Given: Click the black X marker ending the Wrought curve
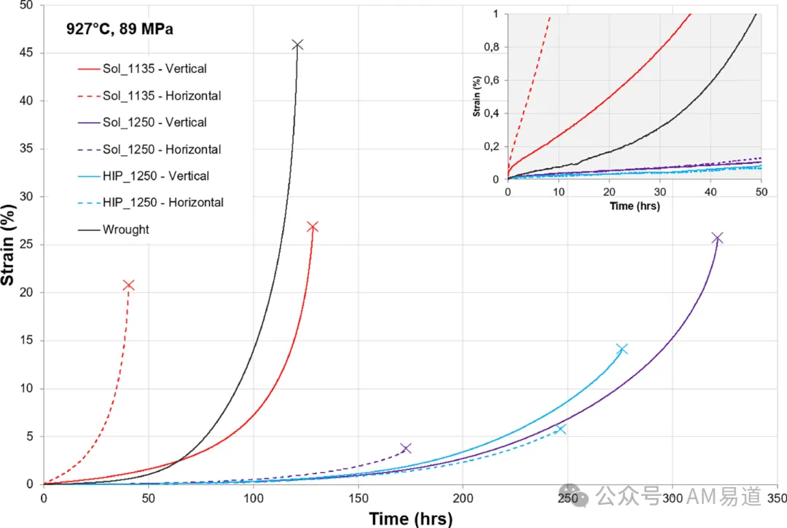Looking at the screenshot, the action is pyautogui.click(x=297, y=45).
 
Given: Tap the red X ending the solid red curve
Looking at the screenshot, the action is pyautogui.click(x=312, y=227).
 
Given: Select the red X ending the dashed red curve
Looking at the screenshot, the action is pyautogui.click(x=128, y=285).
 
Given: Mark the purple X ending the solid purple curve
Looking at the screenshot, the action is pyautogui.click(x=717, y=238).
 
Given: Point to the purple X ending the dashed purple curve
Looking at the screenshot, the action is pyautogui.click(x=406, y=449).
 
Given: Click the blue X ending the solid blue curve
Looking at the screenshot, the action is pyautogui.click(x=622, y=349).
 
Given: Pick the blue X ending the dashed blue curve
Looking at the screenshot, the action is pyautogui.click(x=561, y=429).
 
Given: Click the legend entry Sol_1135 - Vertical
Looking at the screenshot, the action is pyautogui.click(x=142, y=68).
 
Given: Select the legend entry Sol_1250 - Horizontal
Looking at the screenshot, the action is pyautogui.click(x=149, y=149).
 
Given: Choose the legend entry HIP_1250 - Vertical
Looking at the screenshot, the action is pyautogui.click(x=144, y=176).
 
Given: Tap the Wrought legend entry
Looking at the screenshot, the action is pyautogui.click(x=114, y=229).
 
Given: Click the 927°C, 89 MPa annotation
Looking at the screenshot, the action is pyautogui.click(x=120, y=29).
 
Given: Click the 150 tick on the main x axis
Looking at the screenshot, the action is pyautogui.click(x=359, y=498).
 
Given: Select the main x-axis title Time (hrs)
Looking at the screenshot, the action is pyautogui.click(x=410, y=519).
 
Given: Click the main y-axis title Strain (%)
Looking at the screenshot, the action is pyautogui.click(x=8, y=245).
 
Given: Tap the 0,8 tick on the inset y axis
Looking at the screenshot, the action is pyautogui.click(x=491, y=47).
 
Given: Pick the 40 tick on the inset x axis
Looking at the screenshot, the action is pyautogui.click(x=710, y=192).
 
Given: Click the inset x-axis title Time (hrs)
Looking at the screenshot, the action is pyautogui.click(x=635, y=206).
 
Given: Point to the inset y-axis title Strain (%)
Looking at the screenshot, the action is pyautogui.click(x=477, y=97).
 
